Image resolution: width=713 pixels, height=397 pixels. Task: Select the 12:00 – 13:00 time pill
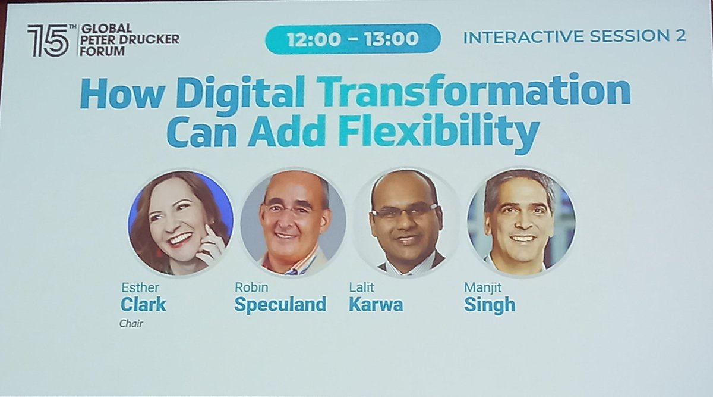[353, 39]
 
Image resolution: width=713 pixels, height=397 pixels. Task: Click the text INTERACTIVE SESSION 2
[574, 36]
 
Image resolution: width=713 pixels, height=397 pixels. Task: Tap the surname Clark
[143, 305]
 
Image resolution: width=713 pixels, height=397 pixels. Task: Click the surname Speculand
[280, 305]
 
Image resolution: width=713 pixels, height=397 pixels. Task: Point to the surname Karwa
[376, 305]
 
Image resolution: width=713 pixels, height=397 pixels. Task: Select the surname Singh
[489, 305]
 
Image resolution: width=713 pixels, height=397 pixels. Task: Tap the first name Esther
[134, 288]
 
